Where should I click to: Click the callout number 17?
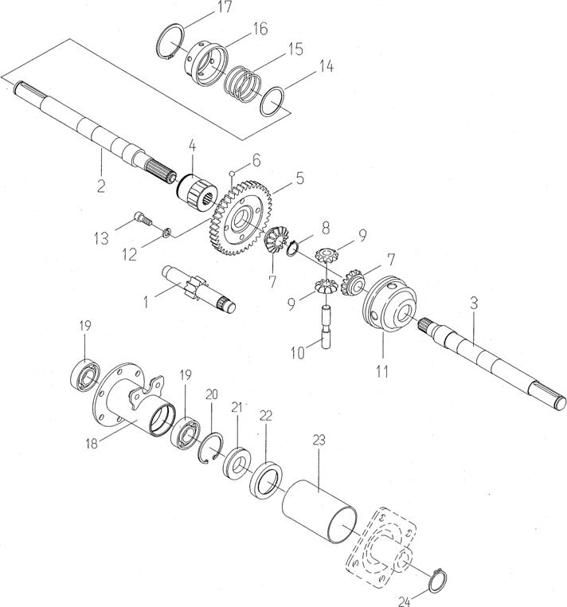coord(225,7)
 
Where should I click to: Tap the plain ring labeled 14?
coord(272,102)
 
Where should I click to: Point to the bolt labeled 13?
coord(143,219)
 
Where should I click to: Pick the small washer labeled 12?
coord(167,233)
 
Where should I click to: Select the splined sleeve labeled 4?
coord(197,193)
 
